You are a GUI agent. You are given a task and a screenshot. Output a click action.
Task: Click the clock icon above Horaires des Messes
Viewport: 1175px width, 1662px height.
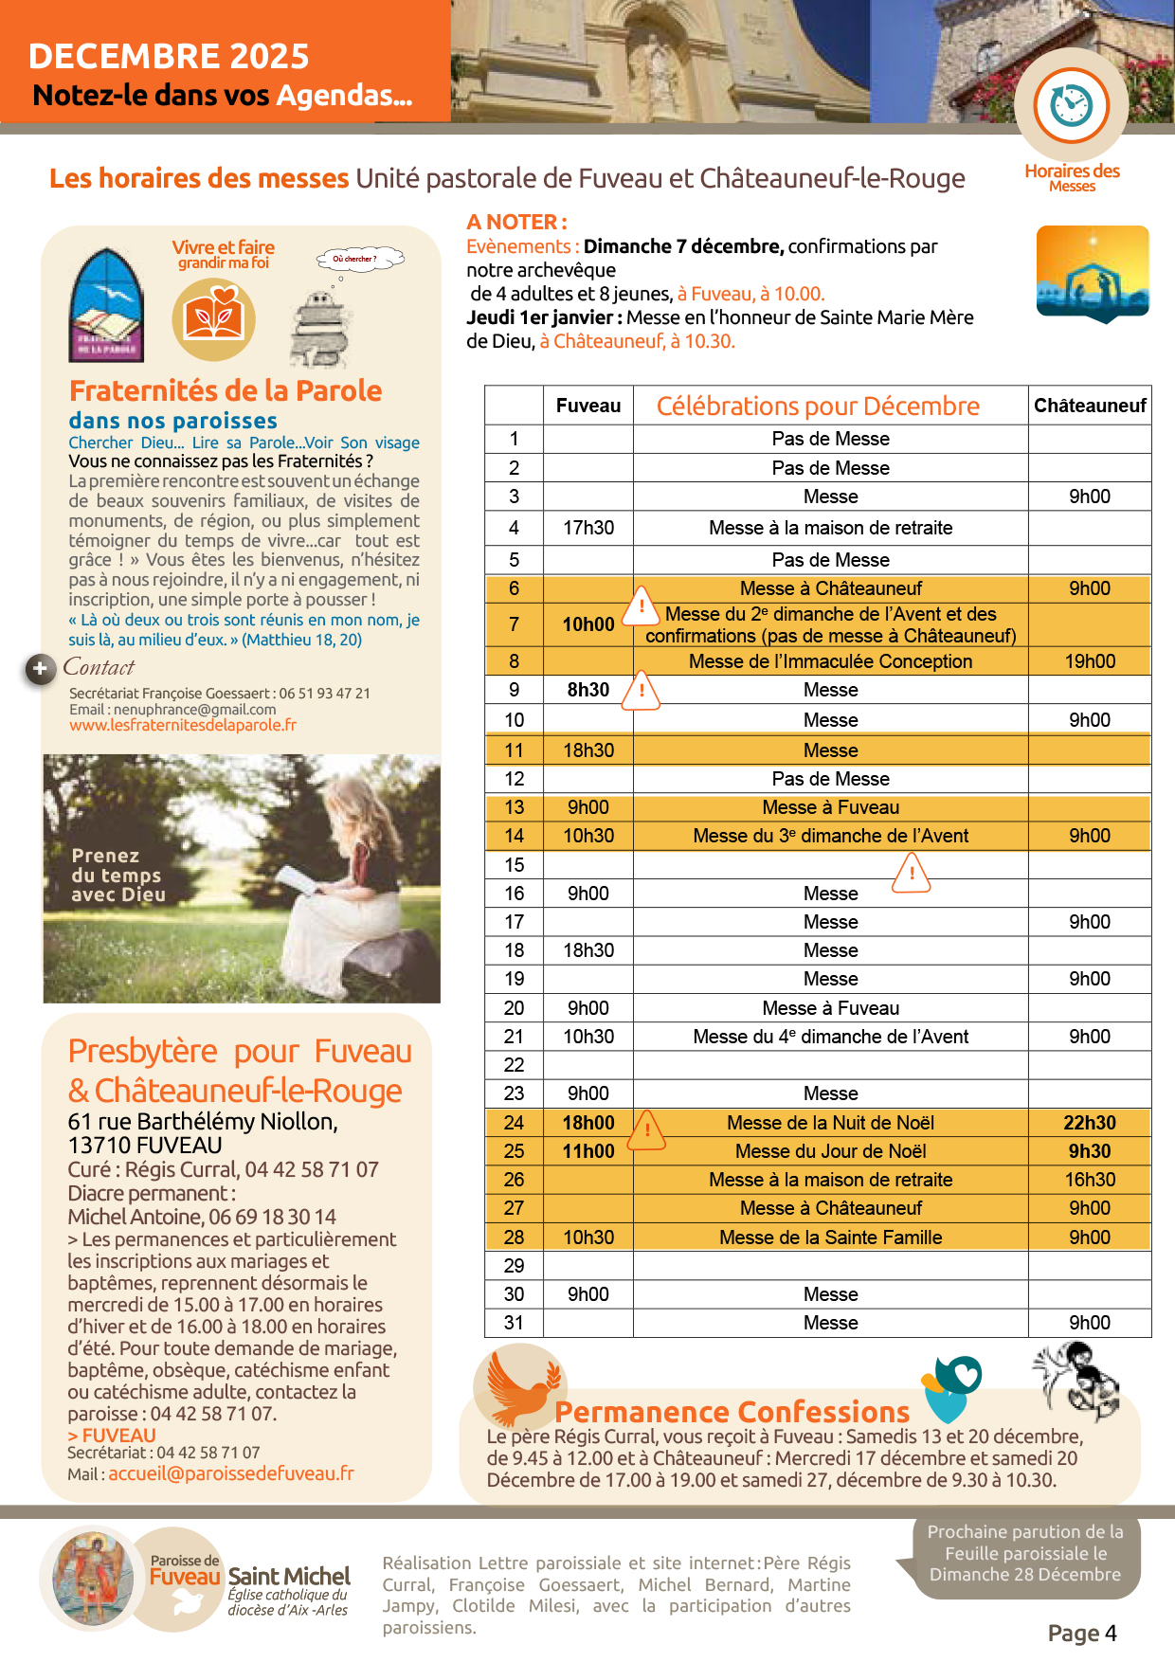[1072, 105]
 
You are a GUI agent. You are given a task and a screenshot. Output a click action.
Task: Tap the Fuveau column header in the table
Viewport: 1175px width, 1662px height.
[588, 406]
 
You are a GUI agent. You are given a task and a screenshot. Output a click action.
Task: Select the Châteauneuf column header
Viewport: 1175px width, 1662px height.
[1090, 406]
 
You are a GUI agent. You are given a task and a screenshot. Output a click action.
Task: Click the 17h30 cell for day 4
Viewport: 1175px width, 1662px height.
[588, 528]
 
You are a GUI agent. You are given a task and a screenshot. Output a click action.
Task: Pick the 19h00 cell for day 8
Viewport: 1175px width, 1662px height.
[1090, 661]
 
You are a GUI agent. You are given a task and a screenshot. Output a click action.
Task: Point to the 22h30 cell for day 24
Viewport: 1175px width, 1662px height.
[1090, 1123]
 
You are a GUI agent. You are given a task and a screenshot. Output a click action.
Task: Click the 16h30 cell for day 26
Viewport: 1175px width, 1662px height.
[1090, 1180]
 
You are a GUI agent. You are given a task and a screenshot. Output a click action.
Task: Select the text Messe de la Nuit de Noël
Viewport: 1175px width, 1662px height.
[830, 1123]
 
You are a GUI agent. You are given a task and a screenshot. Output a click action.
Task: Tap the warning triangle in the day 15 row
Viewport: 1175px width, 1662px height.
[912, 873]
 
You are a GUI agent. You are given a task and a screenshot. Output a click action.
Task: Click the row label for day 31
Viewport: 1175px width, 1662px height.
[514, 1323]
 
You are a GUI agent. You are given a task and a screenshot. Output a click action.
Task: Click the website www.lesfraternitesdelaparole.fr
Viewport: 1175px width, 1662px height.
[183, 725]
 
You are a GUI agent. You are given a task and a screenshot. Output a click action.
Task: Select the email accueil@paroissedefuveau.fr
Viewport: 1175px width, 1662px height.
[231, 1473]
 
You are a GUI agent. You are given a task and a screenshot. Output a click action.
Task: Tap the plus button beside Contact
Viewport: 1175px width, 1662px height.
[40, 669]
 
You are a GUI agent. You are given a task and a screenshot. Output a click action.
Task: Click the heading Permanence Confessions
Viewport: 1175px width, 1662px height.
[732, 1412]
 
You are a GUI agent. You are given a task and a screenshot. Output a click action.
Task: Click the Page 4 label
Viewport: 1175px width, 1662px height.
[1082, 1634]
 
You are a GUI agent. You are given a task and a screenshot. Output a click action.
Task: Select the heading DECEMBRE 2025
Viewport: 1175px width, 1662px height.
[169, 57]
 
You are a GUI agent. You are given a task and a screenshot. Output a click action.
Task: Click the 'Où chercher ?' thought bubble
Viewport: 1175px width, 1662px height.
[358, 259]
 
